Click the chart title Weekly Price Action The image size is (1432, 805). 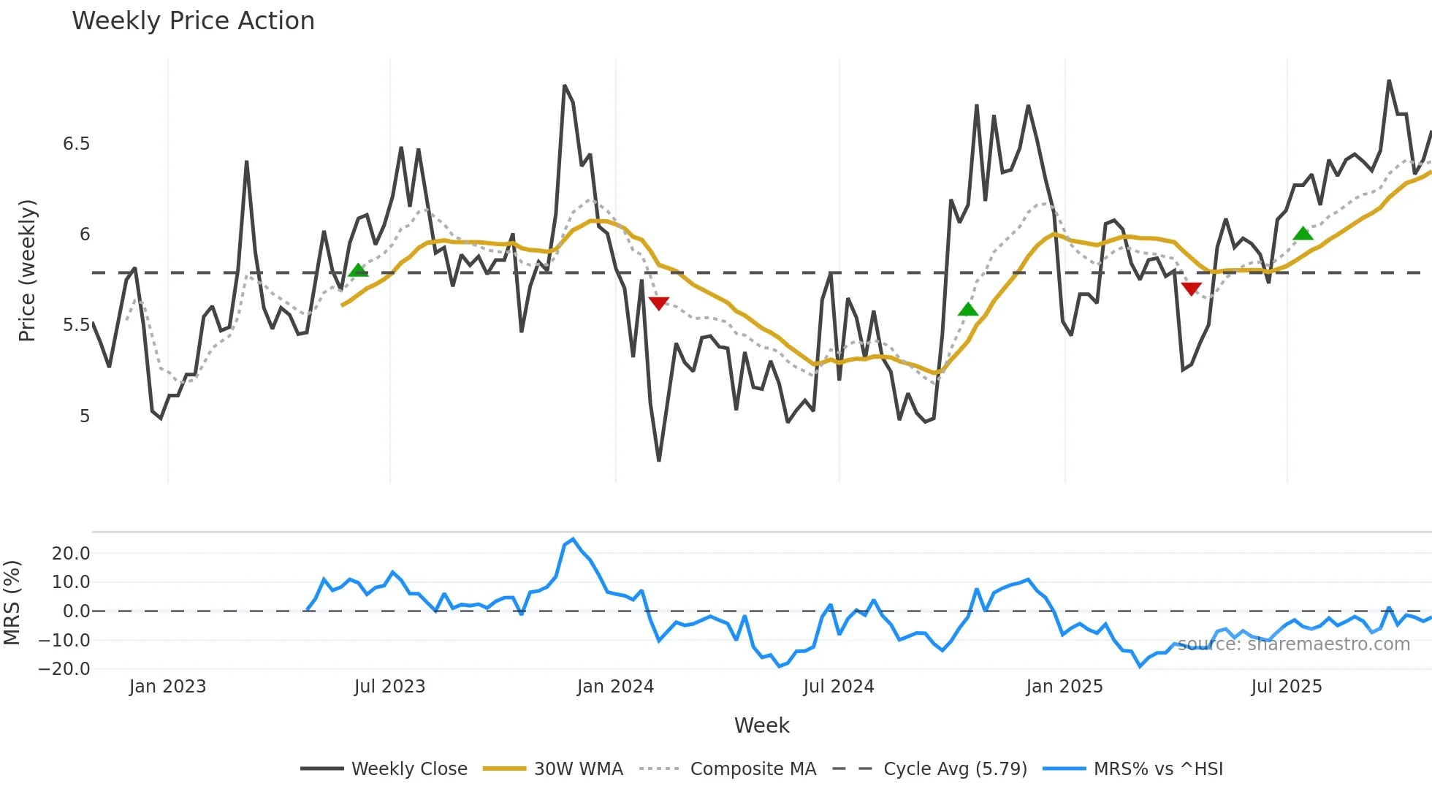pyautogui.click(x=193, y=21)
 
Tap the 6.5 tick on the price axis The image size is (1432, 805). pyautogui.click(x=77, y=144)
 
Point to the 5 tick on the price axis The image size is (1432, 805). pyautogui.click(x=85, y=416)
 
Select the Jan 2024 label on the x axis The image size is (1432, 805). pyautogui.click(x=615, y=687)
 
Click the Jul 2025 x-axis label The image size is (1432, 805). pyautogui.click(x=1286, y=687)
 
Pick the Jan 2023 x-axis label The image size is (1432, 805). pyautogui.click(x=168, y=687)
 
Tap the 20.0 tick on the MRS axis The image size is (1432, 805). pyautogui.click(x=71, y=554)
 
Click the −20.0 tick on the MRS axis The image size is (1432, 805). pyautogui.click(x=64, y=669)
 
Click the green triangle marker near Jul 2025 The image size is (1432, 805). pyautogui.click(x=1303, y=234)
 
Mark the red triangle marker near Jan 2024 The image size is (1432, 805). pyautogui.click(x=658, y=303)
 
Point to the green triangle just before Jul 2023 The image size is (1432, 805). pyautogui.click(x=358, y=270)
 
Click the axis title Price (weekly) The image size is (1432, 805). pyautogui.click(x=27, y=270)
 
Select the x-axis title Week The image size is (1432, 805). pyautogui.click(x=761, y=725)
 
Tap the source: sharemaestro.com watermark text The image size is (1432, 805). pyautogui.click(x=1293, y=644)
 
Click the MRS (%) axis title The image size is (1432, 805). pyautogui.click(x=12, y=603)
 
